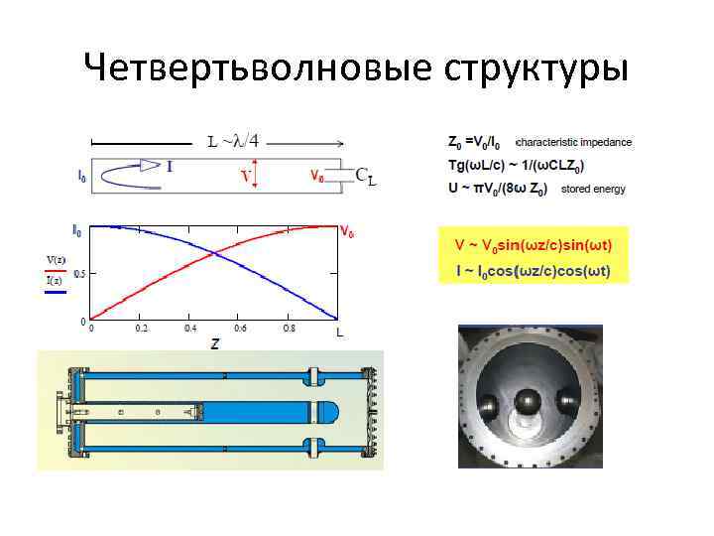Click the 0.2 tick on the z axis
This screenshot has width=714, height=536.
tap(142, 329)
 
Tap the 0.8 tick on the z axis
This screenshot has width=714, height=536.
tap(289, 329)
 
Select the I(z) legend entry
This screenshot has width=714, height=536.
tap(55, 281)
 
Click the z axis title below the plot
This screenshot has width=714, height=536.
tap(215, 343)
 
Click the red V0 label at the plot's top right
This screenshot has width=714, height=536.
tap(348, 233)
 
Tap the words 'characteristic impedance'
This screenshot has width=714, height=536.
tap(574, 142)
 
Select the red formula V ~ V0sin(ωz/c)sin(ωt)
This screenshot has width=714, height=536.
tap(534, 244)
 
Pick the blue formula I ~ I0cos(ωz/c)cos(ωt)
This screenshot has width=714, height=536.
tap(534, 270)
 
